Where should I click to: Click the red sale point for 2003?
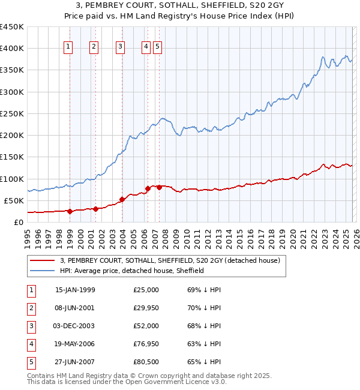click(122, 199)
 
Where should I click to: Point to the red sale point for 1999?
click(70, 211)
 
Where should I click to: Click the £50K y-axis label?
click(14, 200)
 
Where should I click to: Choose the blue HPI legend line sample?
click(43, 271)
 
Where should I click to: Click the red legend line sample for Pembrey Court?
click(43, 260)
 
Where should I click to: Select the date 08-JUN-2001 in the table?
click(75, 308)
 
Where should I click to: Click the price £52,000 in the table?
click(146, 326)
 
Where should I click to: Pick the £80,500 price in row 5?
click(146, 362)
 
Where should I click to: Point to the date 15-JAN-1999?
click(75, 290)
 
